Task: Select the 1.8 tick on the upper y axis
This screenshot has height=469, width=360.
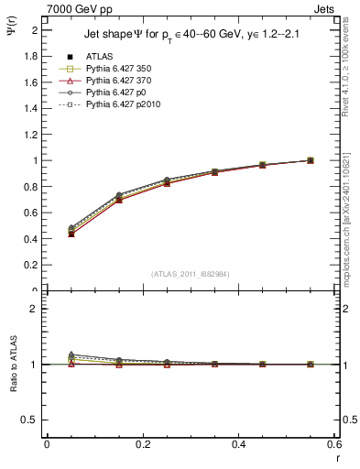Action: click(x=32, y=56)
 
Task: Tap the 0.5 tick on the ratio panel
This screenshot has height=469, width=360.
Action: click(x=32, y=420)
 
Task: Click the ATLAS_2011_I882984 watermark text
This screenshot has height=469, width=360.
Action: click(x=191, y=273)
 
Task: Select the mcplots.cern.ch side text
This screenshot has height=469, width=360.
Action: click(x=349, y=211)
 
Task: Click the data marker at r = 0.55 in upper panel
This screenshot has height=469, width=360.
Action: click(x=311, y=160)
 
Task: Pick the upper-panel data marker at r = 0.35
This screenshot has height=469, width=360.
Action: click(x=214, y=172)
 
